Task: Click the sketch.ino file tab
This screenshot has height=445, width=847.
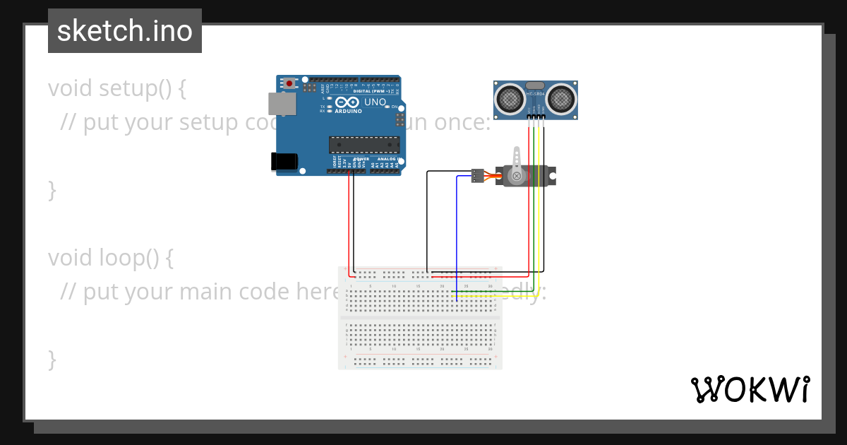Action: tap(125, 31)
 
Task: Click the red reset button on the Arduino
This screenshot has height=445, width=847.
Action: tap(289, 83)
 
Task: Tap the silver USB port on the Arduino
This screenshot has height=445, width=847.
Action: tap(282, 104)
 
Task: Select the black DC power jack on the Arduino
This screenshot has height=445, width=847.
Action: tap(284, 161)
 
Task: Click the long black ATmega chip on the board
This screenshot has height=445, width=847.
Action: tap(364, 145)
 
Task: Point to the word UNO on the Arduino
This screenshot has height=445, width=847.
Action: tap(375, 102)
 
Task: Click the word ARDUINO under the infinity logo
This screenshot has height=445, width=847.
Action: tap(348, 111)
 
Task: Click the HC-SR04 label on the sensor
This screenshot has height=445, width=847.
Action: tap(536, 94)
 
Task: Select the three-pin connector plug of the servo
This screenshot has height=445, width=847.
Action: tap(478, 174)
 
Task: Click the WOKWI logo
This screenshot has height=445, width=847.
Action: tap(750, 389)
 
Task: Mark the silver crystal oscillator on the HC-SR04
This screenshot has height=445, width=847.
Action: tap(536, 85)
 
